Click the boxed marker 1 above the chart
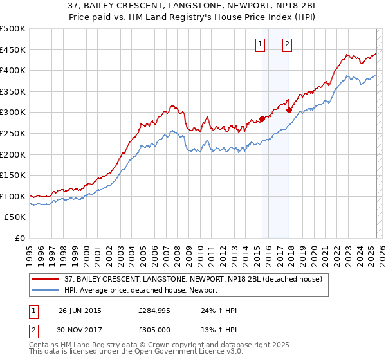261,44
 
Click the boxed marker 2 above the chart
287,44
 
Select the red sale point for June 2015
262,118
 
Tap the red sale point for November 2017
289,110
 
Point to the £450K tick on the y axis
13,50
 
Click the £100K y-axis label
13,196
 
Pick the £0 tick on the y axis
19,238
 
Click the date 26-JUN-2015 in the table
80,310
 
